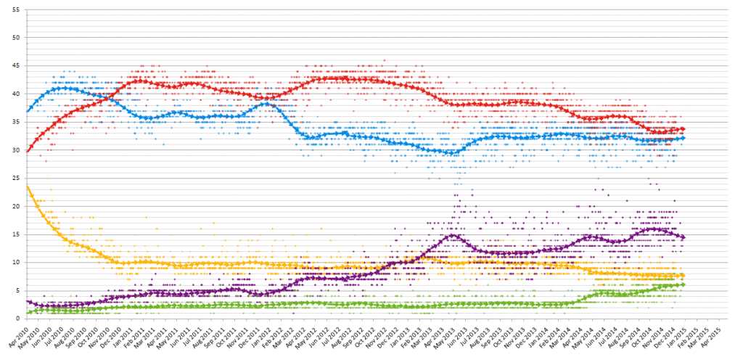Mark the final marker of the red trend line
tap(682, 128)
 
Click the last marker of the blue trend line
tap(682, 138)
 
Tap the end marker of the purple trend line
tap(682, 237)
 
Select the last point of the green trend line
tap(682, 285)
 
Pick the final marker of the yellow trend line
tap(682, 275)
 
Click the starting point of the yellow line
tap(27, 186)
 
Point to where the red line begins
tap(27, 151)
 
